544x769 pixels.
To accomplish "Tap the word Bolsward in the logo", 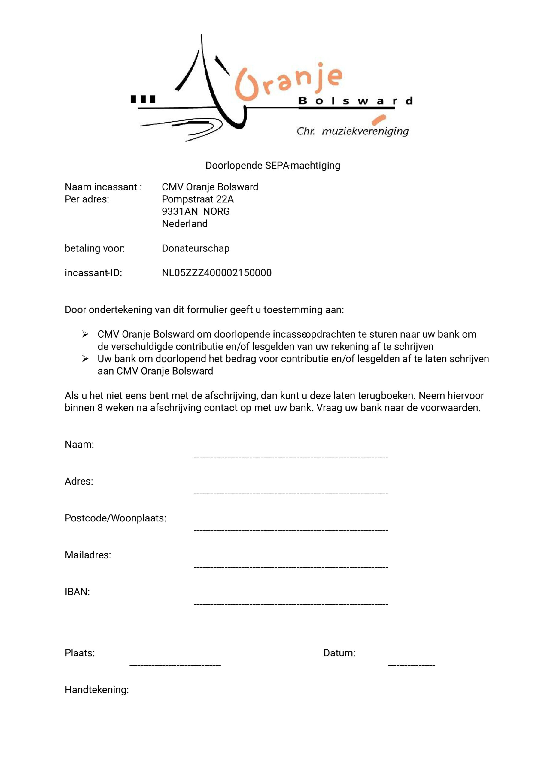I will coord(355,101).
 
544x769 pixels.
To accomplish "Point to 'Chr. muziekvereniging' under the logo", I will coord(352,131).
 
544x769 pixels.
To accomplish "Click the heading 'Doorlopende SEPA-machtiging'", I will coord(273,166).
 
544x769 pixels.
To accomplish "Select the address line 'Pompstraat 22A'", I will coord(198,199).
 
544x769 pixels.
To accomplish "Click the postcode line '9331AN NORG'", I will coord(196,212).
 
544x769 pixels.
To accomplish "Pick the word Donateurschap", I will coord(196,248).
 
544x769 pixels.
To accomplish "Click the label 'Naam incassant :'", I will coord(103,187).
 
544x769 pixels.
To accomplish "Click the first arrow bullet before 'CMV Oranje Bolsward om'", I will coord(85,334).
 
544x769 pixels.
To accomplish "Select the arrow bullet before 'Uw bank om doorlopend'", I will coord(85,359).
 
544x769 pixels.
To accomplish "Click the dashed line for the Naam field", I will coord(291,457).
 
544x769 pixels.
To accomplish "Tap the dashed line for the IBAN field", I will coord(291,604).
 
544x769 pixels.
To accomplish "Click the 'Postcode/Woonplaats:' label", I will coord(115,518).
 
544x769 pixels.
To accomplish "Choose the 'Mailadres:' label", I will coord(88,555).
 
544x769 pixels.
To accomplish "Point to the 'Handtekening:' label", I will coord(96,690).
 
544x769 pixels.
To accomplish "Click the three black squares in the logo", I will coord(143,99).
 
